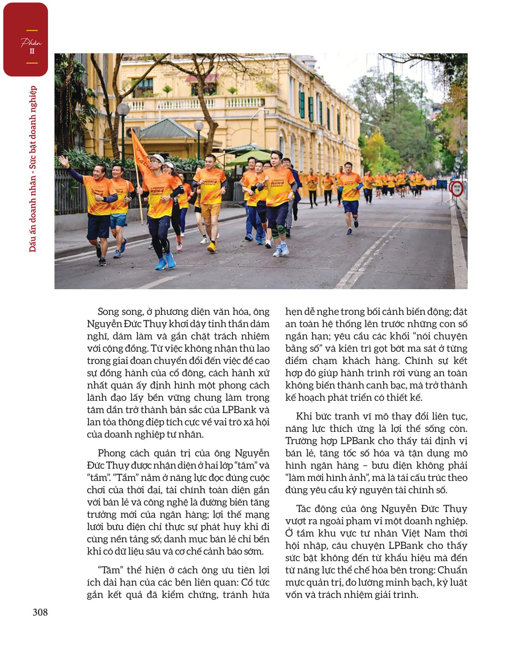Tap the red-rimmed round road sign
[456, 189]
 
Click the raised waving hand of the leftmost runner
[63, 160]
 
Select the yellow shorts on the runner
[210, 210]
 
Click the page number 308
[40, 612]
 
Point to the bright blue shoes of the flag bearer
[165, 263]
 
